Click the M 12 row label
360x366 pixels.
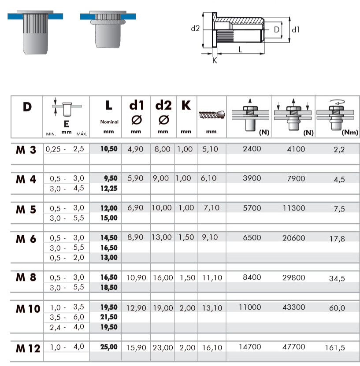point(28,348)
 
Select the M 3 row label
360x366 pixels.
point(26,150)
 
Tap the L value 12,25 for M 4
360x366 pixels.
point(109,189)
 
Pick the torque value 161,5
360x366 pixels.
point(335,348)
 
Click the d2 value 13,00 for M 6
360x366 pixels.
point(162,237)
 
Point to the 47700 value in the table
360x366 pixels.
point(294,347)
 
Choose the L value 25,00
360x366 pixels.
point(109,347)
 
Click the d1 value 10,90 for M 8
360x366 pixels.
point(136,277)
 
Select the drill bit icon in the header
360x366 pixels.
point(212,115)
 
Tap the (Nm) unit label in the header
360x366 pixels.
point(350,132)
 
